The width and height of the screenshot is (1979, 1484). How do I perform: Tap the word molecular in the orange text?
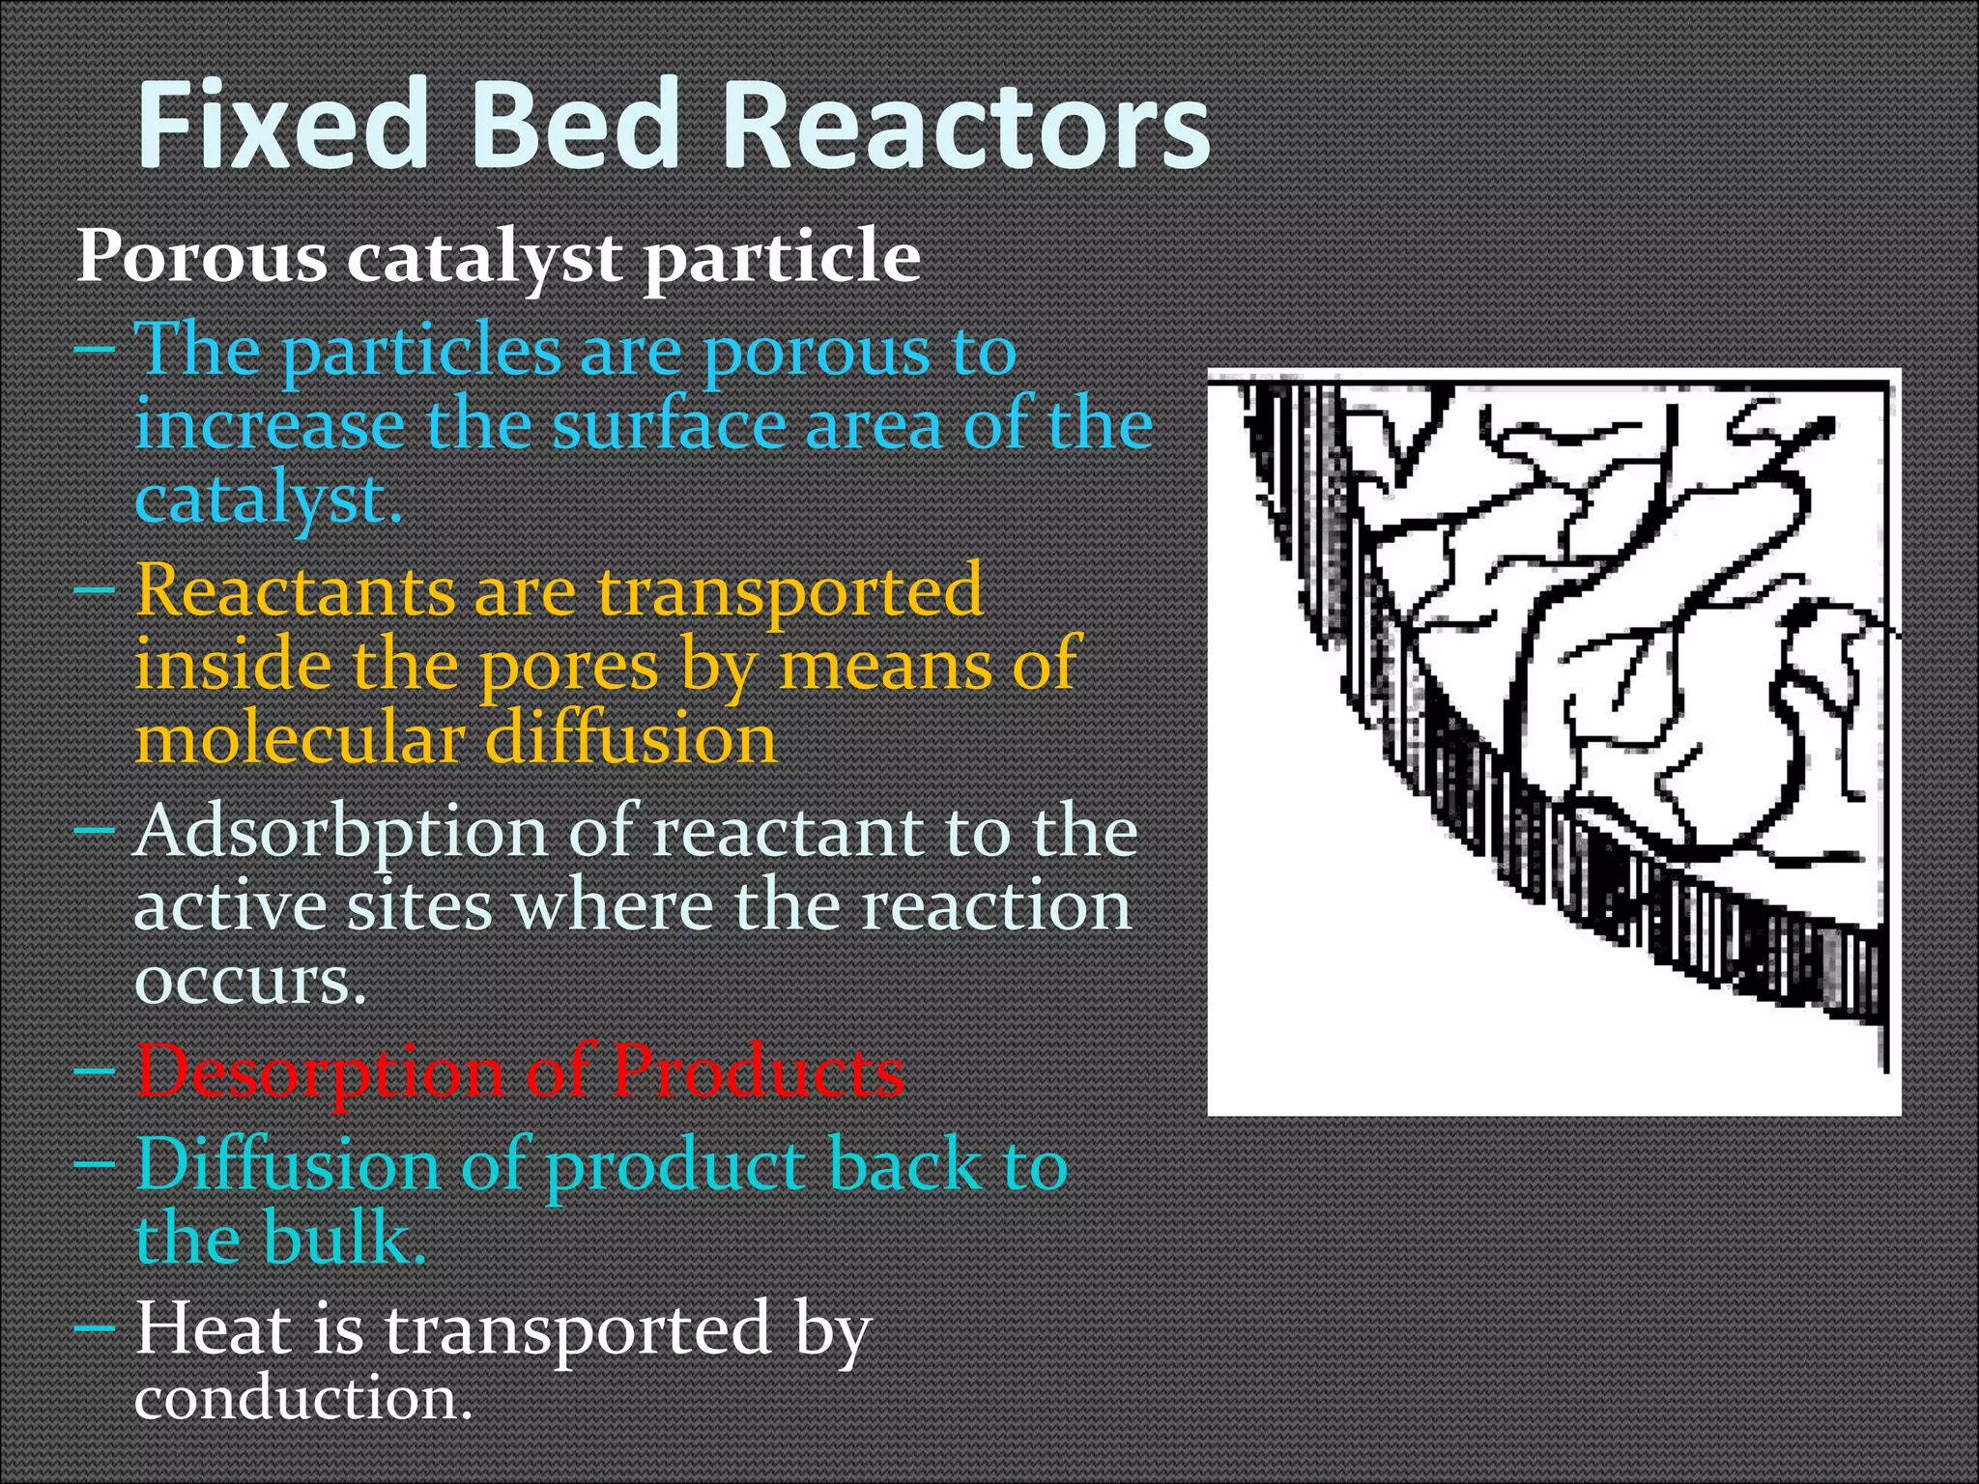300,740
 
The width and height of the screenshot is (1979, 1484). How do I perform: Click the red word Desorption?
319,1072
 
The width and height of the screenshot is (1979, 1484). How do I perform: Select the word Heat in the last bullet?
213,1329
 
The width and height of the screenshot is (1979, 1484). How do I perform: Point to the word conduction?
301,1399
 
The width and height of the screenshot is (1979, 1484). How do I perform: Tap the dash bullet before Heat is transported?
95,1327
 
